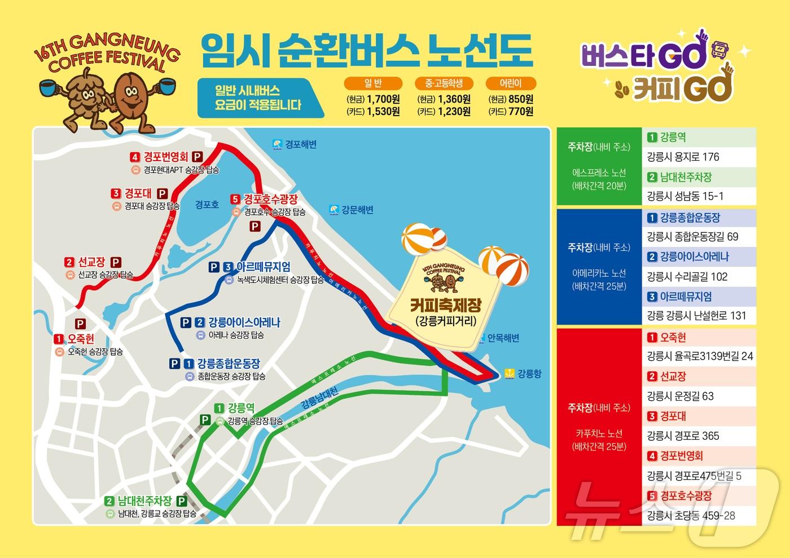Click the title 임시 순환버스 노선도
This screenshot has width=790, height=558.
pyautogui.click(x=366, y=50)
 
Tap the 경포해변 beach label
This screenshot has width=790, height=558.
pyautogui.click(x=301, y=144)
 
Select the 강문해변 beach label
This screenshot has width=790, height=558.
pyautogui.click(x=357, y=210)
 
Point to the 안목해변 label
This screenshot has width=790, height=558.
pyautogui.click(x=503, y=338)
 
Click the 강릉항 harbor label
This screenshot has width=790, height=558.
pyautogui.click(x=529, y=373)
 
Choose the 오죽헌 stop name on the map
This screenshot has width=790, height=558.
pyautogui.click(x=81, y=339)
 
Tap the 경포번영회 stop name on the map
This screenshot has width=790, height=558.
pyautogui.click(x=166, y=157)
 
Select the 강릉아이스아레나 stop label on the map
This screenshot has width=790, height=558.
pyautogui.click(x=244, y=322)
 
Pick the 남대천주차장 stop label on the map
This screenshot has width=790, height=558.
pyautogui.click(x=144, y=501)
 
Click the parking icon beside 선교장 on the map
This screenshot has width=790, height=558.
pyautogui.click(x=116, y=262)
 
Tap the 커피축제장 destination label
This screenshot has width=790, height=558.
pyautogui.click(x=445, y=306)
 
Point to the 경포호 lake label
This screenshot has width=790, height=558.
pyautogui.click(x=207, y=205)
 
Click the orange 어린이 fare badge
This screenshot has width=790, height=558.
pyautogui.click(x=511, y=83)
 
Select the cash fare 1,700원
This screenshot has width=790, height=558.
pyautogui.click(x=383, y=99)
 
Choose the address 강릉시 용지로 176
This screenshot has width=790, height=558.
pyautogui.click(x=683, y=157)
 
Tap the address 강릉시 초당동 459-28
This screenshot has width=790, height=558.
pyautogui.click(x=691, y=516)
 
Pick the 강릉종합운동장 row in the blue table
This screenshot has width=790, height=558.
pyautogui.click(x=690, y=218)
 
